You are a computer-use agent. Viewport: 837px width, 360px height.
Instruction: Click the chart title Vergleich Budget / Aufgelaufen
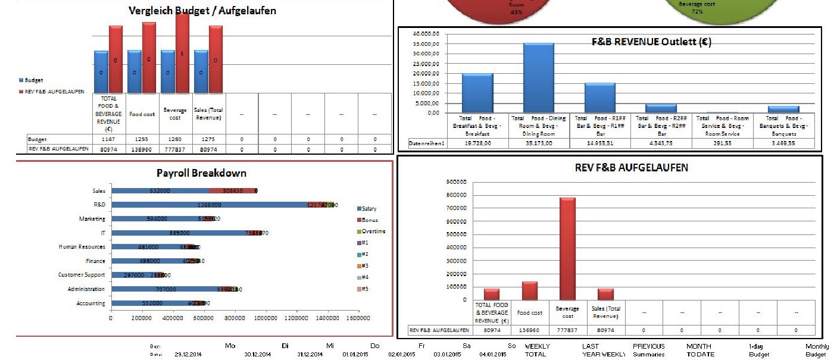202,10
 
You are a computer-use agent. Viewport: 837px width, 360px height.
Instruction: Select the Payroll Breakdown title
201,173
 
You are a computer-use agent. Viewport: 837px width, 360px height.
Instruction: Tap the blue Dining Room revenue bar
538,77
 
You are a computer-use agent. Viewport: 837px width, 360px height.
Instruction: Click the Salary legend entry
369,209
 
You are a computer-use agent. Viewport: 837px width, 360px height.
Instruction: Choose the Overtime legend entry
373,231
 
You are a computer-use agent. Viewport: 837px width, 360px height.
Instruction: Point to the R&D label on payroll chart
99,205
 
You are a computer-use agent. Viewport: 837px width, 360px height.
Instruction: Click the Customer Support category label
82,275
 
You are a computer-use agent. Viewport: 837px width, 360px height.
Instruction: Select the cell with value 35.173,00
539,143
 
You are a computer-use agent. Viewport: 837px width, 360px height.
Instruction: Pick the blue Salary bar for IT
179,233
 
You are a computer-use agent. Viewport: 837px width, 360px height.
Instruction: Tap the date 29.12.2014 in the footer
188,355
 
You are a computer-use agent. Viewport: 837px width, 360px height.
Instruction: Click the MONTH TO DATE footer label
699,350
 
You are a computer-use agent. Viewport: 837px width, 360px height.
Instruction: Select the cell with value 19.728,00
478,143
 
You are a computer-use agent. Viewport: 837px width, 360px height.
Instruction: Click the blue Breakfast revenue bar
477,93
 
